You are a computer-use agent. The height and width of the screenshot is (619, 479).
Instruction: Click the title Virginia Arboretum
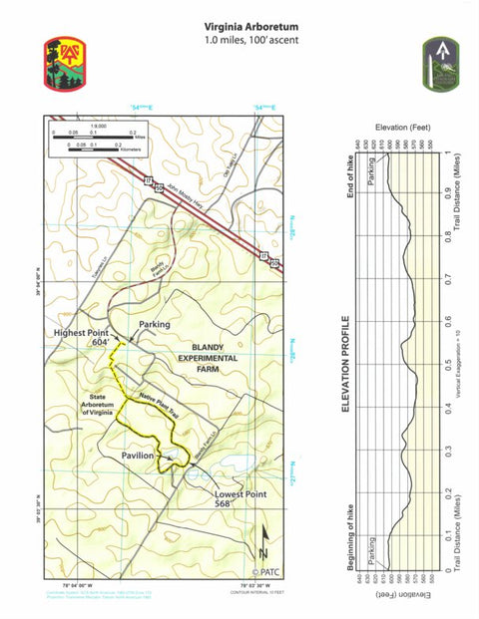click(250, 27)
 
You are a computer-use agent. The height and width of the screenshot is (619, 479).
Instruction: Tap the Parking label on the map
click(155, 324)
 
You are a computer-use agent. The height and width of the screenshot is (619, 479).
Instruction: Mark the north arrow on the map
click(264, 542)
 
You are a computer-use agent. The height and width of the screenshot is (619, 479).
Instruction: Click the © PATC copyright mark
click(266, 571)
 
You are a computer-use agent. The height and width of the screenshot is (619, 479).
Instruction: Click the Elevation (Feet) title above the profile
click(403, 129)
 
